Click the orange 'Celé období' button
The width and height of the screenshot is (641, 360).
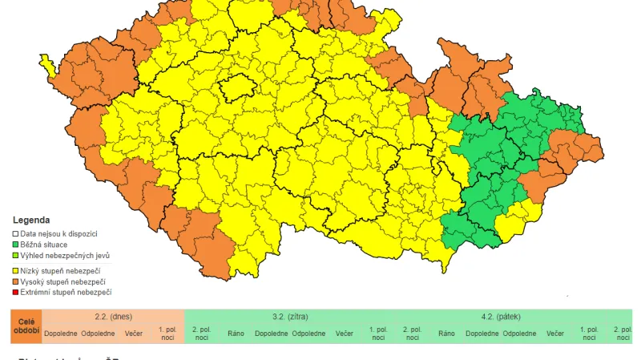pos(25,326)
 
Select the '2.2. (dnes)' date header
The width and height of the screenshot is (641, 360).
pos(112,317)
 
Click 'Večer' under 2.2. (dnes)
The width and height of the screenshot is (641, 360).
pos(133,333)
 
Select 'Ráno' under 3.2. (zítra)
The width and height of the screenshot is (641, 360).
pos(236,333)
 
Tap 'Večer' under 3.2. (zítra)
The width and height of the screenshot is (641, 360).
pos(344,333)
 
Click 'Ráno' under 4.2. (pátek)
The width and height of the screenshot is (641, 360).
pos(446,333)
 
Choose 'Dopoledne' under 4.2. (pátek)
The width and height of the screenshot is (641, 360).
pos(482,333)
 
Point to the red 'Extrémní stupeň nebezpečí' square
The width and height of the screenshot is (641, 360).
pos(15,293)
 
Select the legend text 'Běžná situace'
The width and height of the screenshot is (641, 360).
pos(44,244)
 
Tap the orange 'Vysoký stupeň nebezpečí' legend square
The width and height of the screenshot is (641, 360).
pos(15,282)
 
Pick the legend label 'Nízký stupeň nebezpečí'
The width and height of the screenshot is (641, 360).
pos(60,272)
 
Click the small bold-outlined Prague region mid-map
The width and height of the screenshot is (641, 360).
pos(238,87)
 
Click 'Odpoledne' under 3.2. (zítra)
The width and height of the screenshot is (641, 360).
pos(308,333)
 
